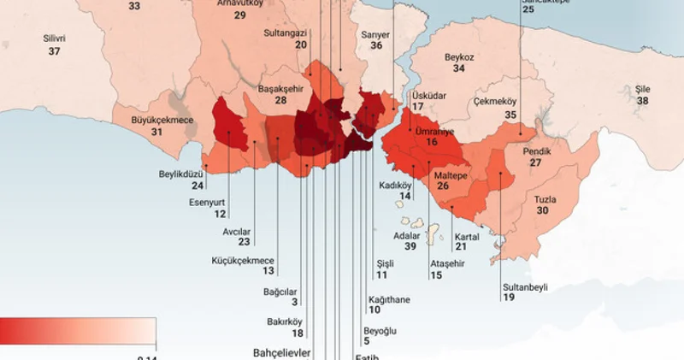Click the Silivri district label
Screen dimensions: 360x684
55,38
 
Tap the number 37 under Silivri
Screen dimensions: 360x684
55,51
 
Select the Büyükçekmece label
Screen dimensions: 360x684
162,121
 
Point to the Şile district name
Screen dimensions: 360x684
642,89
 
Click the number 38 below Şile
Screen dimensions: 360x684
642,101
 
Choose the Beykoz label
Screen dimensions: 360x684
459,57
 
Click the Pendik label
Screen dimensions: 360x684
536,150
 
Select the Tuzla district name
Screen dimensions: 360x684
545,199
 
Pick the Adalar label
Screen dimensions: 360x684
406,234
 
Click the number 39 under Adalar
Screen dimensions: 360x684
410,246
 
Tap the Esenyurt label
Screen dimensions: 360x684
208,203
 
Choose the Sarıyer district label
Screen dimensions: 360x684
375,34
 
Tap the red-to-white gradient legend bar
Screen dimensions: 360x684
78,329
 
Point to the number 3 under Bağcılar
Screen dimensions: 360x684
295,302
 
